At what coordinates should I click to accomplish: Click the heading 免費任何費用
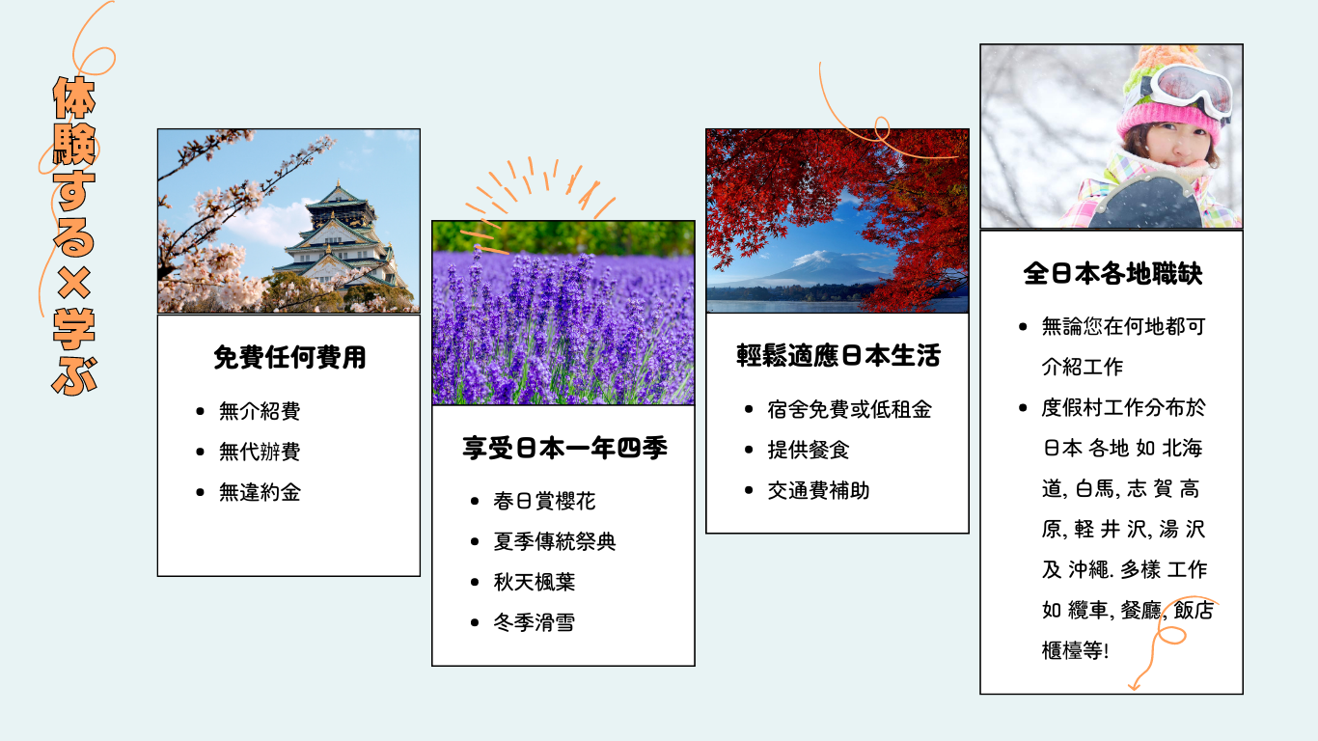(289, 357)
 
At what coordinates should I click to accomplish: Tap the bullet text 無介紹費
(260, 411)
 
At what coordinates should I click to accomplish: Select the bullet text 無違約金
(260, 492)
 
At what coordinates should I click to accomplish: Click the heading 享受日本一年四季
(564, 449)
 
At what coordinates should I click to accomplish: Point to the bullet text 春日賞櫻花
(544, 501)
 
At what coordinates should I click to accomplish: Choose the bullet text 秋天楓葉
(535, 582)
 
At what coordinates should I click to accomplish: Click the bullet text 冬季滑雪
(535, 622)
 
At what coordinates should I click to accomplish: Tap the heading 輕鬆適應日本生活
(838, 355)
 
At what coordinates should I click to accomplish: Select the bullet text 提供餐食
(809, 451)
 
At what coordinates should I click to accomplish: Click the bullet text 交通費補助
(818, 491)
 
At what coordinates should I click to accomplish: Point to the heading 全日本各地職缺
(1112, 274)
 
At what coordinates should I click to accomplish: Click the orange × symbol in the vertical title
(74, 282)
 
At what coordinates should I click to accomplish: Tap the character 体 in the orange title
(74, 97)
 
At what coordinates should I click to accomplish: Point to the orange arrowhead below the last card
(1135, 684)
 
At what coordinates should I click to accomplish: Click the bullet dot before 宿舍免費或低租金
(749, 410)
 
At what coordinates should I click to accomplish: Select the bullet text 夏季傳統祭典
(555, 541)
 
